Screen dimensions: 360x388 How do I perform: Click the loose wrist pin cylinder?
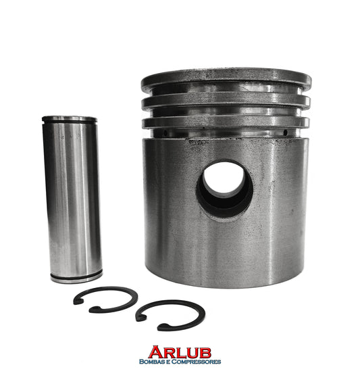pos(72,199)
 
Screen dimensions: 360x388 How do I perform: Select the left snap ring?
pos(105,299)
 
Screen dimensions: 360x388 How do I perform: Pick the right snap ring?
pos(171,315)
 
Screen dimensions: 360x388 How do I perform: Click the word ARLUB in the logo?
pos(180,352)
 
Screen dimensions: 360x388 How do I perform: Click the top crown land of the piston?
pos(226,78)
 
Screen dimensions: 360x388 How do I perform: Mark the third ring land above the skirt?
pos(226,122)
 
